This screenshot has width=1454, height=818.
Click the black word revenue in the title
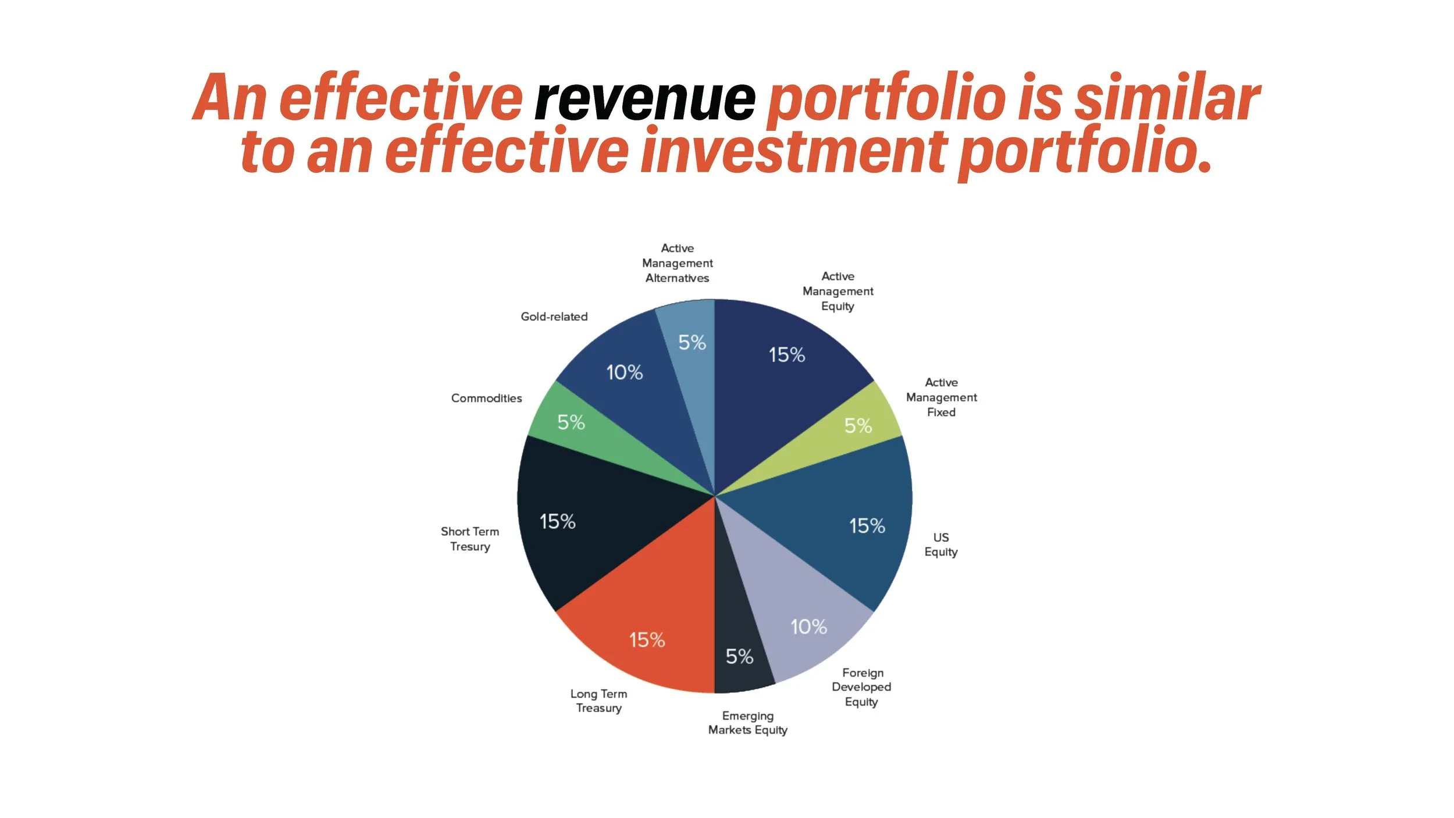[x=644, y=99]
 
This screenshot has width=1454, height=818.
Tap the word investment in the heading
[x=794, y=151]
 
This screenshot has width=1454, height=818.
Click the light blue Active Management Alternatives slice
[x=692, y=361]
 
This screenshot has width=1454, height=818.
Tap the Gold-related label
[x=554, y=316]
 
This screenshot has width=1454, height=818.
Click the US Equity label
[x=940, y=545]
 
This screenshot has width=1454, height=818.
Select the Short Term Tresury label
[x=470, y=539]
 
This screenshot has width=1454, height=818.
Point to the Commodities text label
[x=486, y=398]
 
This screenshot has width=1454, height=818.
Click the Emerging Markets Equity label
[x=747, y=723]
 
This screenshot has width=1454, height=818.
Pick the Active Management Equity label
[x=838, y=291]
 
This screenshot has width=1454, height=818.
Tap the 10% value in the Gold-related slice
[x=624, y=372]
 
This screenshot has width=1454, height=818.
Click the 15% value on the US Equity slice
[x=867, y=526]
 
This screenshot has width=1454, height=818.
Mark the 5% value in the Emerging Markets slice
[x=739, y=657]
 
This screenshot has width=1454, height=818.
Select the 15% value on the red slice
[x=647, y=640]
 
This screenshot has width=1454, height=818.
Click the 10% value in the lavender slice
[x=808, y=627]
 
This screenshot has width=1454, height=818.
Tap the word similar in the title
[x=1166, y=99]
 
